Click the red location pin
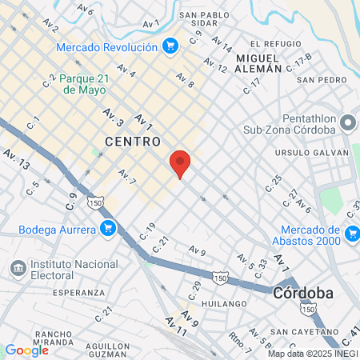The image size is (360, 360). coord(181,163)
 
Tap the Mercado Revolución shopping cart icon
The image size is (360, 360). coord(169,46)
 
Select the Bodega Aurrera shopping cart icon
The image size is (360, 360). coord(107,230)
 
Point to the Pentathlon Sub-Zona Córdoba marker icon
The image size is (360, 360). coord(348,123)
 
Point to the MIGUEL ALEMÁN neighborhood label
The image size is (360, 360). coord(258,64)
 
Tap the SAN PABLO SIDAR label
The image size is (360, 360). coord(210,19)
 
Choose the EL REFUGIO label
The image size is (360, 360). coord(275,44)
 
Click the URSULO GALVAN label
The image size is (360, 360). coord(322,152)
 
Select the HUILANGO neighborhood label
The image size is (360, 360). coord(224,304)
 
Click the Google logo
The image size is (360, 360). coord(26,350)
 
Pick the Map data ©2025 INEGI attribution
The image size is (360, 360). coord(313,354)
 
